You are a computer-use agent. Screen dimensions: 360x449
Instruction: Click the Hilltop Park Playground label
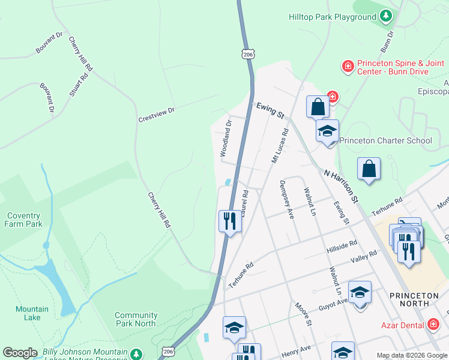[332, 17]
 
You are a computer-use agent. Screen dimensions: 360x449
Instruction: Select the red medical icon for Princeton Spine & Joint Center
[347, 67]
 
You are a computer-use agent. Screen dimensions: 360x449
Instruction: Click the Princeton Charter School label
[385, 141]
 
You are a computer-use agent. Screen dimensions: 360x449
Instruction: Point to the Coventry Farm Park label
[25, 220]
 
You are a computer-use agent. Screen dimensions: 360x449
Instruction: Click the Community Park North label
[136, 319]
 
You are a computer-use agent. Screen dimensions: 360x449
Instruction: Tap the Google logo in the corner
[20, 353]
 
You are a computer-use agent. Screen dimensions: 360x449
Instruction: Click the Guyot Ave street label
[333, 302]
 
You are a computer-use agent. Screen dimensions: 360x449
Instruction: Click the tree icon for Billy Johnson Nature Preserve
[137, 354]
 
